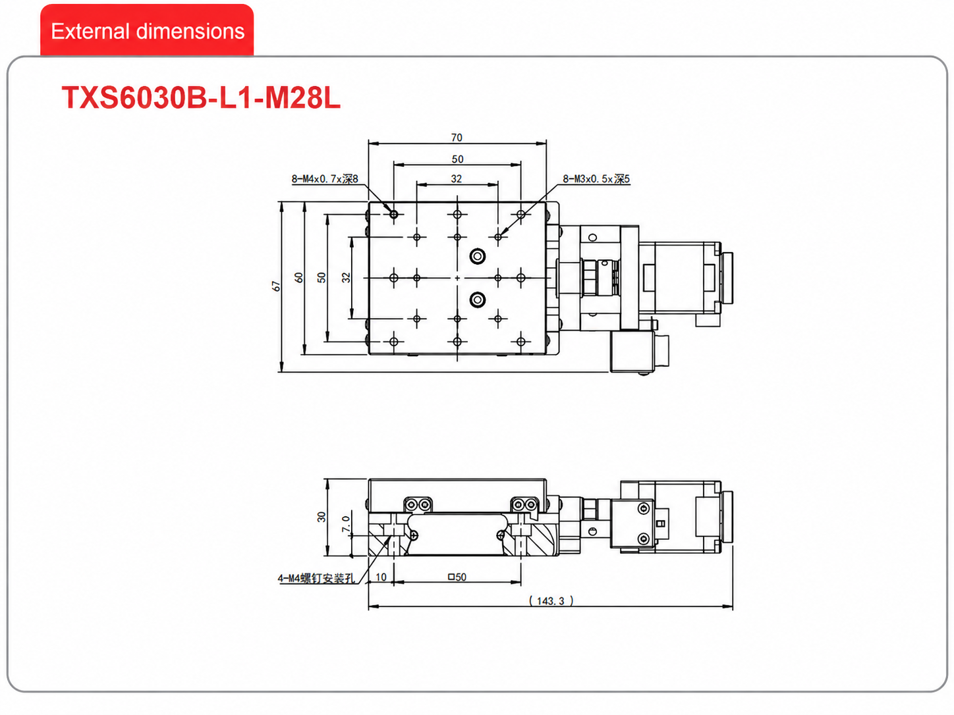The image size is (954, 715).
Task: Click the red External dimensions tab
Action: click(x=147, y=30)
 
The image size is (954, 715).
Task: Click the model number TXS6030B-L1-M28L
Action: click(x=201, y=97)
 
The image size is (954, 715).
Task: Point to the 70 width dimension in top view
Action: click(x=457, y=138)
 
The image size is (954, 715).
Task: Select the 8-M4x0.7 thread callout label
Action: click(x=325, y=179)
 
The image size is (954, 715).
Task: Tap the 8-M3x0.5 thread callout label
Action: click(x=596, y=179)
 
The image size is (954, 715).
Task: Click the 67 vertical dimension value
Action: click(x=276, y=286)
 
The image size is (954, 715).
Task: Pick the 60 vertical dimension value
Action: click(x=298, y=277)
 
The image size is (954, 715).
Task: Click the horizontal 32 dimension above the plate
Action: click(x=457, y=179)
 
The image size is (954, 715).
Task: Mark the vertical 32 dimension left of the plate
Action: click(x=346, y=277)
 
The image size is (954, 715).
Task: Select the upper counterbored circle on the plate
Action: click(x=478, y=256)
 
